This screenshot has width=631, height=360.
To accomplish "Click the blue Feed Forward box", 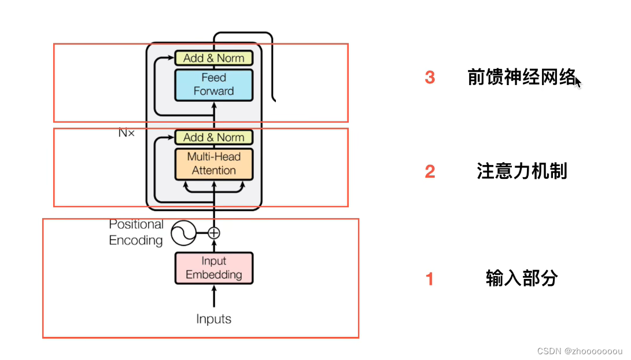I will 214,85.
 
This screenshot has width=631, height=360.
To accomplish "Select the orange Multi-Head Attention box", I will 214,163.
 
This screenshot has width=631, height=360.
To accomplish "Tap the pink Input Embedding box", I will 214,268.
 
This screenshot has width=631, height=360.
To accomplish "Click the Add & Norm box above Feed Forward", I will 214,58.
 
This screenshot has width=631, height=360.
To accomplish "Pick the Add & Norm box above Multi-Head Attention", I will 214,137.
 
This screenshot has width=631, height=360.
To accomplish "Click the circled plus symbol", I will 214,233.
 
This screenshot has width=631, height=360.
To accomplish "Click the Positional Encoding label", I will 136,232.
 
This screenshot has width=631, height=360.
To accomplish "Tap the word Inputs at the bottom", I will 214,319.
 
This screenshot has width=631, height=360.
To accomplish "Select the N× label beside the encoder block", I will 126,133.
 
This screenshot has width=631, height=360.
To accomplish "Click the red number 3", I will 430,78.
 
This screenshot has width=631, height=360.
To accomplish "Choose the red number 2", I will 430,172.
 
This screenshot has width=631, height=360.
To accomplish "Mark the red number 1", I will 429,279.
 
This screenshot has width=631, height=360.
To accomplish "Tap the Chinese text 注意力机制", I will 522,171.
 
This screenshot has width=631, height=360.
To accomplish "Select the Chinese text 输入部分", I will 522,278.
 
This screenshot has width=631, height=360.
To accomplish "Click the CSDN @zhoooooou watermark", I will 580,351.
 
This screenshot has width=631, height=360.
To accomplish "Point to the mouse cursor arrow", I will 578,82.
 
